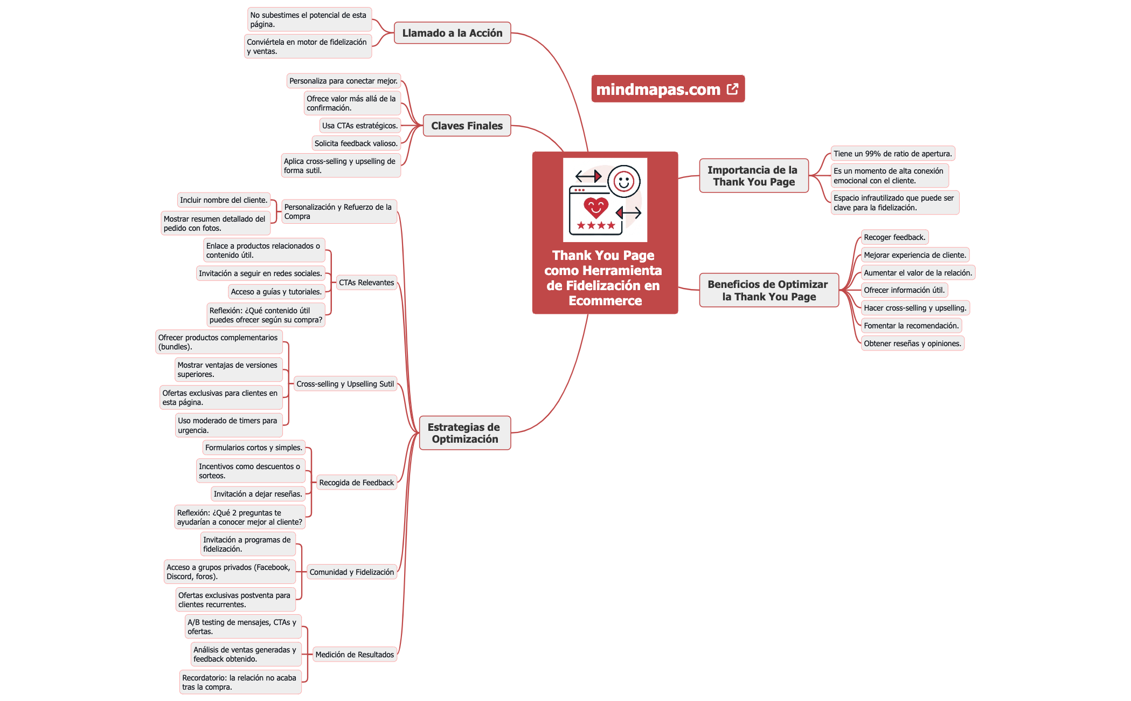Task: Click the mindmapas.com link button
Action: [x=658, y=89]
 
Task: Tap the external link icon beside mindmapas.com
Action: [x=732, y=89]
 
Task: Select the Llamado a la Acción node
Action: [x=452, y=33]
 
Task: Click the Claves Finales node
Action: [x=467, y=126]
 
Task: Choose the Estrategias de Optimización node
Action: [x=464, y=433]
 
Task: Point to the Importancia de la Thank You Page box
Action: [x=753, y=176]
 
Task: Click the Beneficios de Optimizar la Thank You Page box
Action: [x=768, y=290]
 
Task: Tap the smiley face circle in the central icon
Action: [x=623, y=181]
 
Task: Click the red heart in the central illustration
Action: [x=596, y=207]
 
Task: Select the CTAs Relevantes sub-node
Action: [x=366, y=283]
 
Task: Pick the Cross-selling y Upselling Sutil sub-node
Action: [x=345, y=384]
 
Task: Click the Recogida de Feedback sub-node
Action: [x=356, y=483]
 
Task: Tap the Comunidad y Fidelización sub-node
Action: [x=351, y=572]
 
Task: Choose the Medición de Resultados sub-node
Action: [x=355, y=655]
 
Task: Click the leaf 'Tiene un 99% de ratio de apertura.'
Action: [x=892, y=154]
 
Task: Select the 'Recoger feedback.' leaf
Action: [x=894, y=237]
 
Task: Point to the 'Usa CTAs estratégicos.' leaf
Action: [x=360, y=126]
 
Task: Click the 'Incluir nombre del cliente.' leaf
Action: [x=224, y=200]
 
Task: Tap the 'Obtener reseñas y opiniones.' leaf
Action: [x=912, y=343]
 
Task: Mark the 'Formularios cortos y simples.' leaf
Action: [x=254, y=448]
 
